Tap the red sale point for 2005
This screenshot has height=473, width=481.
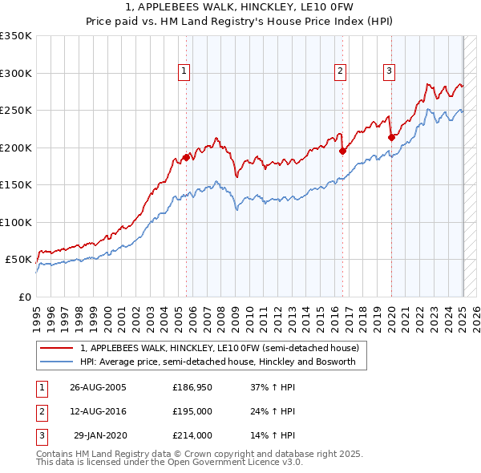pos(186,157)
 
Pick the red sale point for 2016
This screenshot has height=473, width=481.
pos(342,150)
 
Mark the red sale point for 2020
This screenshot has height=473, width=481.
pos(391,137)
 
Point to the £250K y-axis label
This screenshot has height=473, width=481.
pos(16,111)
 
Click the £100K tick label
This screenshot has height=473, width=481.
pos(16,223)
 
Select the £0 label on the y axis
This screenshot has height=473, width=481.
pos(25,297)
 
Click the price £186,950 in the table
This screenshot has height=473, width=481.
pos(192,386)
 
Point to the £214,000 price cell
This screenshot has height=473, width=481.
pos(192,435)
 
